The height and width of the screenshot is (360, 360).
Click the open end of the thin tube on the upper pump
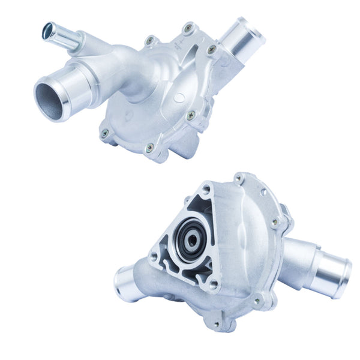48,29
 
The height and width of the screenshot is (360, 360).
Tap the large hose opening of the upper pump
50,98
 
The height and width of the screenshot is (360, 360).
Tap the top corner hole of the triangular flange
206,190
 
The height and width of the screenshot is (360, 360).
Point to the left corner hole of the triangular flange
154,256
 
